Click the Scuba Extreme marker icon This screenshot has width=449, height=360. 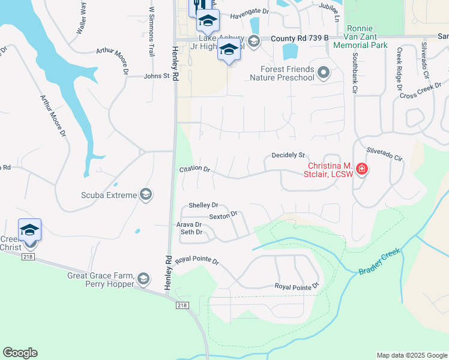(145, 194)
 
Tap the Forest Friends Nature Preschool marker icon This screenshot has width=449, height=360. (324, 73)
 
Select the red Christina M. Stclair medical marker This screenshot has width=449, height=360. (361, 169)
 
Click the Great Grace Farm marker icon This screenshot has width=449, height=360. (143, 278)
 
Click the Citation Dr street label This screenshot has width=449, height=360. (194, 169)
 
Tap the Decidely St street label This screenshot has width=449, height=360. (289, 155)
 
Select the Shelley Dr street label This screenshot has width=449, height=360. (203, 205)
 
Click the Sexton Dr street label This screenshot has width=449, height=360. (223, 214)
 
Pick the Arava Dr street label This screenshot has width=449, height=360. (188, 224)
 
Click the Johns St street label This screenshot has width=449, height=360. (157, 76)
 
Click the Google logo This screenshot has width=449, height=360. (20, 352)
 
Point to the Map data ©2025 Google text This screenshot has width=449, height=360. (411, 355)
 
